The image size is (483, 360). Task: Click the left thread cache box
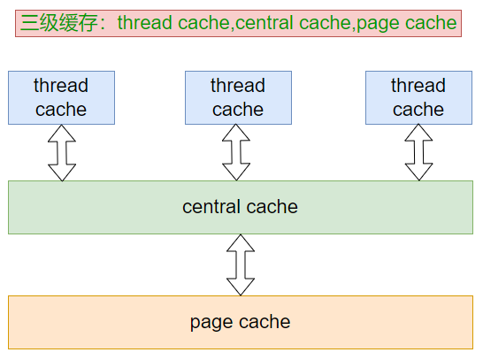tap(61, 97)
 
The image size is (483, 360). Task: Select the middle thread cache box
tap(238, 97)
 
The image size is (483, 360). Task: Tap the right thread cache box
tap(418, 97)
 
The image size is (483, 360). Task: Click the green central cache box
tap(240, 207)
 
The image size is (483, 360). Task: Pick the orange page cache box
tap(240, 322)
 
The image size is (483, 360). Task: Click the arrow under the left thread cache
tap(62, 152)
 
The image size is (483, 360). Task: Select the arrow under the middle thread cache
tap(236, 152)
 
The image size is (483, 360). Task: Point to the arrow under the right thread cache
tap(418, 152)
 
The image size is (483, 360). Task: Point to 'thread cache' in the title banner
tap(172, 23)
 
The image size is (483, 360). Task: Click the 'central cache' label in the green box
tap(240, 207)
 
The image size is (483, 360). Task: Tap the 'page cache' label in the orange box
tap(240, 322)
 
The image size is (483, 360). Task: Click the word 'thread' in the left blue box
tap(61, 86)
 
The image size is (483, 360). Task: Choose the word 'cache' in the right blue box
tap(418, 110)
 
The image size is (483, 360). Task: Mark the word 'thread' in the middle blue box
tap(238, 86)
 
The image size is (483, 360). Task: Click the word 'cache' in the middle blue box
tap(238, 110)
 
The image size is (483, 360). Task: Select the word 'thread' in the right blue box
tap(418, 86)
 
